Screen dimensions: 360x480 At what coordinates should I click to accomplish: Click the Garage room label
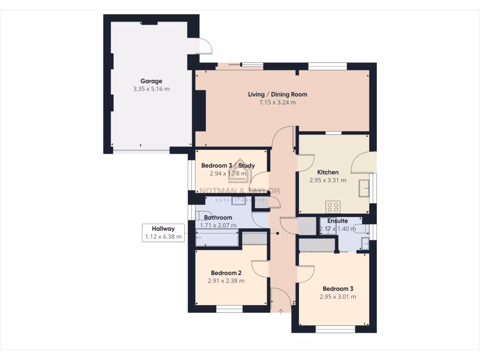(x=151, y=81)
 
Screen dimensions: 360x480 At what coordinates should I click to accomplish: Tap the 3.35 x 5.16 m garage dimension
(x=151, y=89)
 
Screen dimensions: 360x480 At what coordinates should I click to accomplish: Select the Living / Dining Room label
(x=277, y=95)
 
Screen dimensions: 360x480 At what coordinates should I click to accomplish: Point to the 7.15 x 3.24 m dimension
(x=277, y=102)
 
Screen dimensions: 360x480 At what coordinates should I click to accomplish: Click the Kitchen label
(x=328, y=172)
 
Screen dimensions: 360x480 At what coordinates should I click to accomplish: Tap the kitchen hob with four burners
(x=333, y=206)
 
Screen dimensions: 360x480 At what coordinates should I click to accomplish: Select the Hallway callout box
(x=163, y=232)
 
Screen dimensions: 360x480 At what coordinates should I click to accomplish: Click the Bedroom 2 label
(x=226, y=273)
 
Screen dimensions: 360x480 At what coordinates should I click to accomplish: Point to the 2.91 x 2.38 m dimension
(x=226, y=281)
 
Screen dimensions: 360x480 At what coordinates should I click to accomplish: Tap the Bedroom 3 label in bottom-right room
(x=337, y=289)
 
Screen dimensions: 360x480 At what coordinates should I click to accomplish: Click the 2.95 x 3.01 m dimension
(x=337, y=297)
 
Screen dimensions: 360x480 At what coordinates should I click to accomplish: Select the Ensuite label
(x=337, y=221)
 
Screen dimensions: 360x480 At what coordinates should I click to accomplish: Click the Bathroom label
(x=218, y=217)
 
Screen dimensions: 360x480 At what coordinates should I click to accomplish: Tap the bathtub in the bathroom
(x=218, y=239)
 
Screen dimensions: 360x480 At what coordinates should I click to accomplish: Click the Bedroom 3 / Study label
(x=228, y=165)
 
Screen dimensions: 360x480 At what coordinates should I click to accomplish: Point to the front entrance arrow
(x=281, y=311)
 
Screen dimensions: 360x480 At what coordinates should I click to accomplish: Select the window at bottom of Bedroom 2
(x=229, y=309)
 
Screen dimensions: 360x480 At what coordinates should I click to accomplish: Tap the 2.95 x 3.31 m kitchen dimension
(x=328, y=180)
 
